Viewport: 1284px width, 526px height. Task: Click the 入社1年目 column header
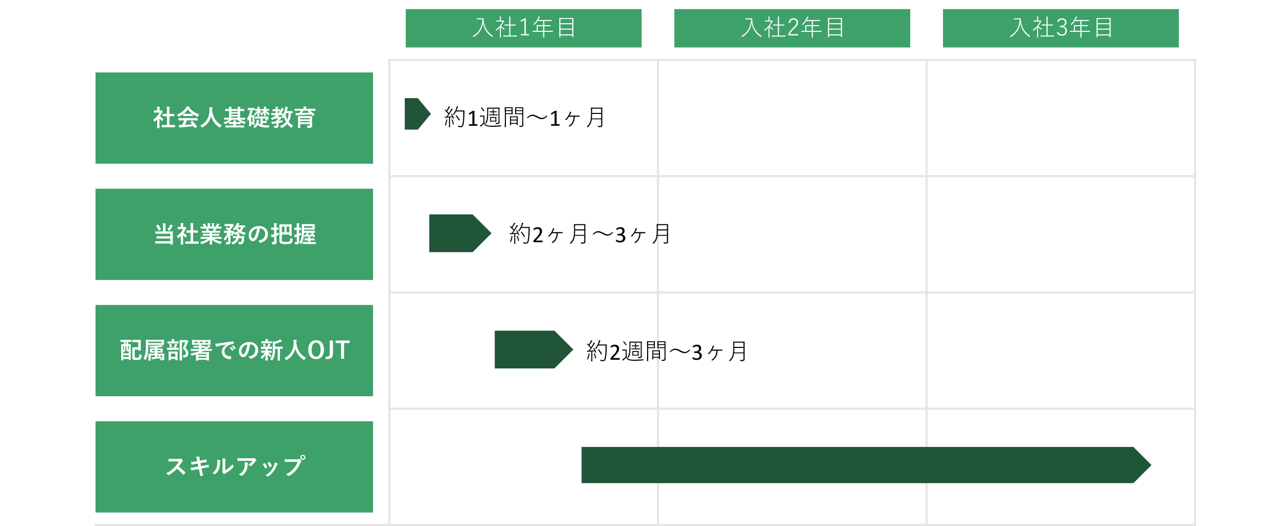pyautogui.click(x=523, y=28)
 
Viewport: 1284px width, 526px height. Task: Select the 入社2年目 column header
pyautogui.click(x=792, y=28)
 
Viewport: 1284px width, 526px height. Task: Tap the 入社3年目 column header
pyautogui.click(x=1061, y=28)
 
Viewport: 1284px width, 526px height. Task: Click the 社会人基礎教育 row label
pyautogui.click(x=234, y=118)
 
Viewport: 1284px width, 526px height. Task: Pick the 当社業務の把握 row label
pyautogui.click(x=234, y=235)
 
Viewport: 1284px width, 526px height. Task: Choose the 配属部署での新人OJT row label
pyautogui.click(x=234, y=350)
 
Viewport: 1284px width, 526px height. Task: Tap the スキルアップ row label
pyautogui.click(x=234, y=467)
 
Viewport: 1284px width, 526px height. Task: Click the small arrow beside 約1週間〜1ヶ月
pyautogui.click(x=416, y=114)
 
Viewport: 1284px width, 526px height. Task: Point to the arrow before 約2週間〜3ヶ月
pyautogui.click(x=532, y=349)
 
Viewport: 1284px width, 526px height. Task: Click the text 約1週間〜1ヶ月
pyautogui.click(x=524, y=118)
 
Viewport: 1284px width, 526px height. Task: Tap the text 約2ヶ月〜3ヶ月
pyautogui.click(x=590, y=235)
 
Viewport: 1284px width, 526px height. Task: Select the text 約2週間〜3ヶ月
pyautogui.click(x=666, y=352)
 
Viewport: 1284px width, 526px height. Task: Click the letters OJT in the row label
pyautogui.click(x=329, y=350)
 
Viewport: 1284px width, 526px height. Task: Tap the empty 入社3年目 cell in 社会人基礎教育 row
pyautogui.click(x=1061, y=118)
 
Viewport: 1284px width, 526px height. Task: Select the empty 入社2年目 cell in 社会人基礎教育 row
pyautogui.click(x=792, y=118)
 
